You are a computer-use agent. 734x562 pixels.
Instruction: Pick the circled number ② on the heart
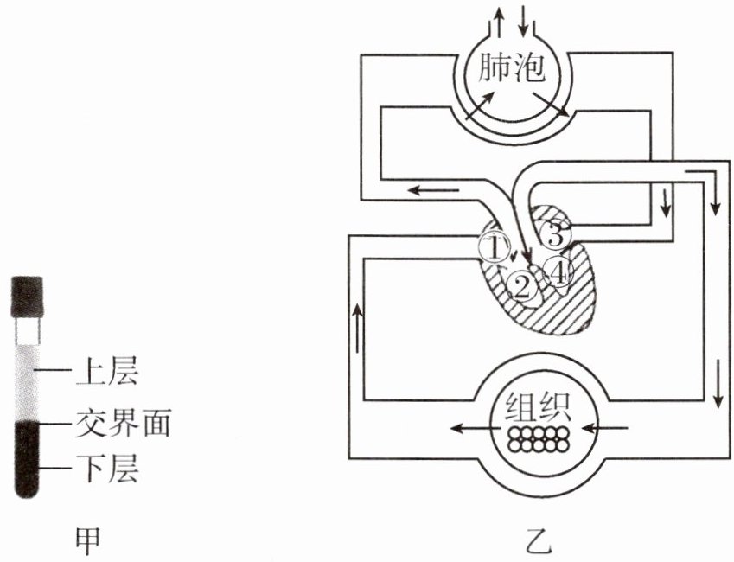pyautogui.click(x=521, y=285)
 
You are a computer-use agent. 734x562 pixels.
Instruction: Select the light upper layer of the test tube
pyautogui.click(x=28, y=376)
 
